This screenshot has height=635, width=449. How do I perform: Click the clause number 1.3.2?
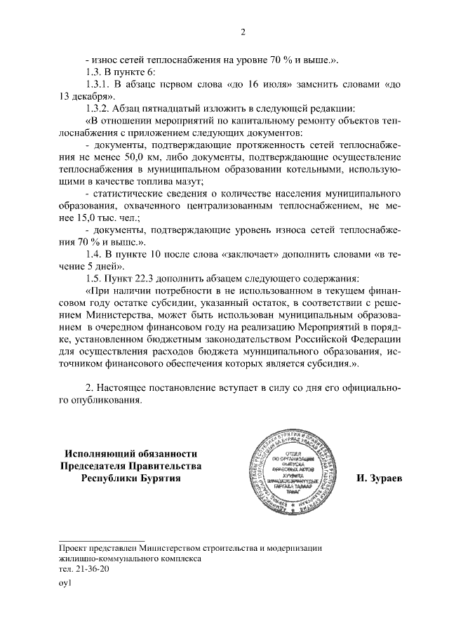98,108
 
